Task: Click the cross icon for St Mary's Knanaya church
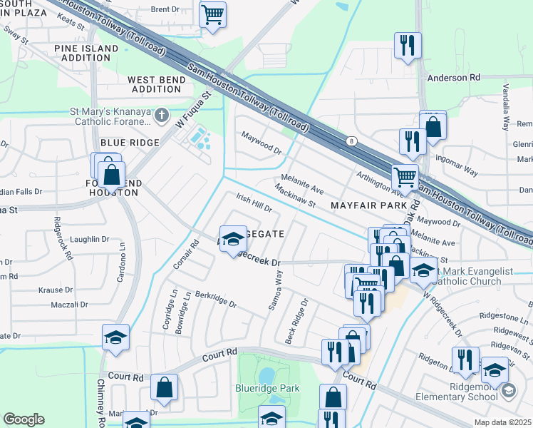pyautogui.click(x=162, y=115)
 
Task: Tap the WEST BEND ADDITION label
pyautogui.click(x=155, y=84)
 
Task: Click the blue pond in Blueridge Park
pyautogui.click(x=266, y=374)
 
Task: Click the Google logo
pyautogui.click(x=24, y=419)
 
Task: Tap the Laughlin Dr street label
pyautogui.click(x=90, y=240)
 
